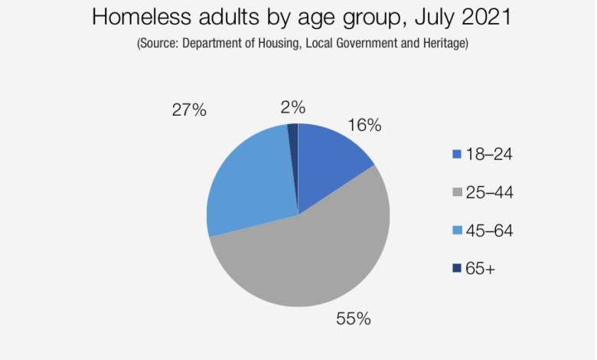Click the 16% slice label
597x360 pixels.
[364, 125]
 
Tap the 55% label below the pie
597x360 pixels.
[354, 319]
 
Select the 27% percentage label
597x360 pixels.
[189, 110]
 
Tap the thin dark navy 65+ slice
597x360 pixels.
[293, 134]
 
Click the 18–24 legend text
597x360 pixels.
[489, 154]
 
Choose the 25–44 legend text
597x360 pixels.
[489, 192]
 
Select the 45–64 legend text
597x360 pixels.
[489, 230]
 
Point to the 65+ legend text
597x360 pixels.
[482, 268]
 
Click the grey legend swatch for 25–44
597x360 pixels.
[457, 192]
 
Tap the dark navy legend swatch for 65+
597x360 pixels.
[457, 268]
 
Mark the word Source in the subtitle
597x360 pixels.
[158, 44]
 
